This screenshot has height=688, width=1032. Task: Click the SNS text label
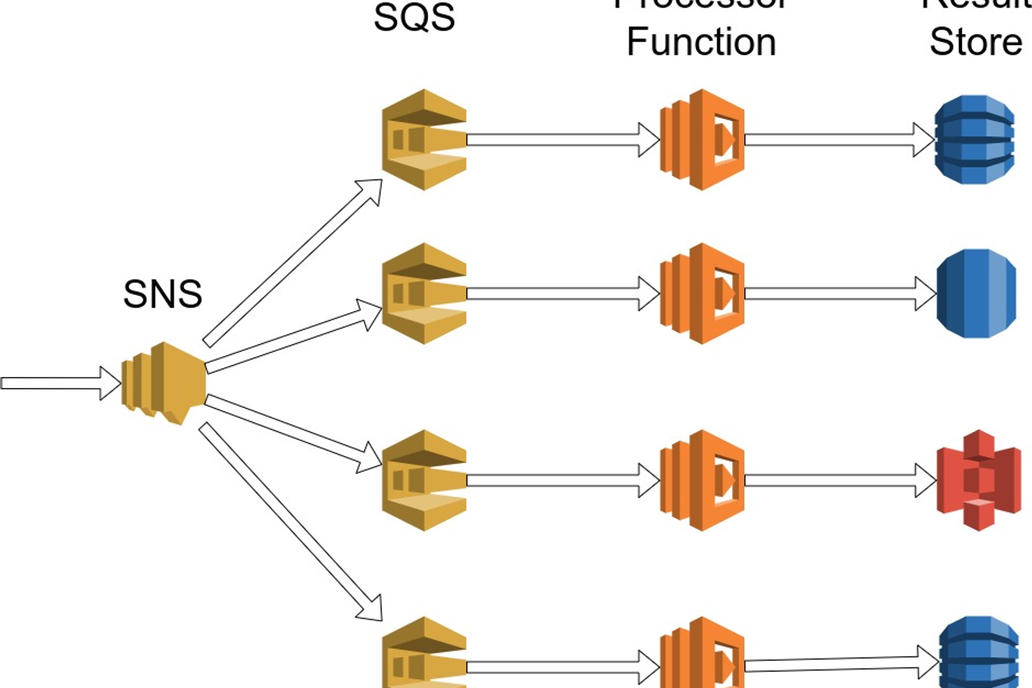(162, 294)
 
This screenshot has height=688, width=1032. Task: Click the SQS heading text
(414, 17)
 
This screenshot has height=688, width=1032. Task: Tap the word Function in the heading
(701, 42)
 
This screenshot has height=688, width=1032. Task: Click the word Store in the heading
(976, 42)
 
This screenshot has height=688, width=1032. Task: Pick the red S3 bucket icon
(978, 480)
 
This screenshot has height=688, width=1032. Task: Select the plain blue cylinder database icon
(976, 294)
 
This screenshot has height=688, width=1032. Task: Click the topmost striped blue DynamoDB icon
(975, 140)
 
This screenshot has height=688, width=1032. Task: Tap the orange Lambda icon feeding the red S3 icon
(702, 480)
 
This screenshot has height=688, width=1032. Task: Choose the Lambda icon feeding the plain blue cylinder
(702, 294)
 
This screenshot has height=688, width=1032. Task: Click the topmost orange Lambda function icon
(702, 140)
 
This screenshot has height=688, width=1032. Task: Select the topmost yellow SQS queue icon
(424, 140)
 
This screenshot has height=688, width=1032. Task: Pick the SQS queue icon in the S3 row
(424, 480)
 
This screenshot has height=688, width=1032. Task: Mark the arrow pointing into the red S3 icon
(839, 480)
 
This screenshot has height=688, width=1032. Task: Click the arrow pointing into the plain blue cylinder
(839, 294)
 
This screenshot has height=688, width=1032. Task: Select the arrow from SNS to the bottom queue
(290, 522)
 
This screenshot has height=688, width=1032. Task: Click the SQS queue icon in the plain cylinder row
(424, 294)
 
